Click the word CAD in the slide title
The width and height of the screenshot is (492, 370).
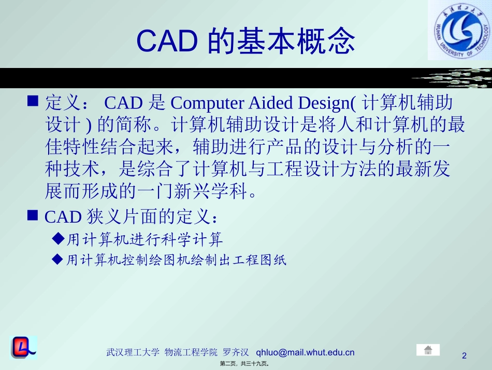pyautogui.click(x=166, y=41)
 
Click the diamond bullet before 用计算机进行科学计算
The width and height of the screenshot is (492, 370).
pyautogui.click(x=59, y=239)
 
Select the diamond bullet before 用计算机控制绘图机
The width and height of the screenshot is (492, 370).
pyautogui.click(x=59, y=259)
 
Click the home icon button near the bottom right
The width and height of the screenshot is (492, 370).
pyautogui.click(x=428, y=350)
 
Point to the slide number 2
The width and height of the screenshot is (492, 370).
pyautogui.click(x=464, y=355)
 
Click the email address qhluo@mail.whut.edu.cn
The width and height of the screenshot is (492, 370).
pyautogui.click(x=306, y=352)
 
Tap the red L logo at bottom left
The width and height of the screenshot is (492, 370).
pyautogui.click(x=23, y=348)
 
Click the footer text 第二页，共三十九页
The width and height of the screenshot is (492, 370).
pyautogui.click(x=245, y=364)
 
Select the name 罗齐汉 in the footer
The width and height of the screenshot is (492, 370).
pyautogui.click(x=236, y=352)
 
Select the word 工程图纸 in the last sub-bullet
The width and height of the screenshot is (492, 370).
pyautogui.click(x=264, y=260)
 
